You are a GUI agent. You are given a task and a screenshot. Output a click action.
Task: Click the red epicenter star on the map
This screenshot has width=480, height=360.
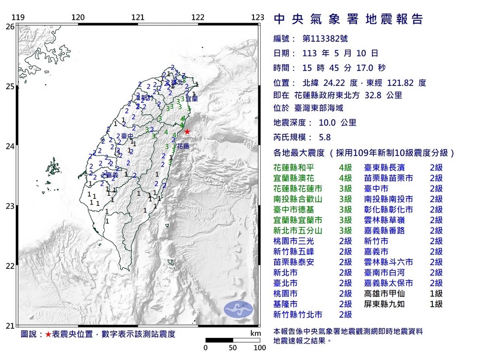[x=187, y=132]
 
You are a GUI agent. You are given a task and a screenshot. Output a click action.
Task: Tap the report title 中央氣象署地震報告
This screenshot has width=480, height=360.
[x=348, y=19]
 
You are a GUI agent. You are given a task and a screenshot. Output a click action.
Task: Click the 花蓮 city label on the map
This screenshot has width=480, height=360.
[x=183, y=145]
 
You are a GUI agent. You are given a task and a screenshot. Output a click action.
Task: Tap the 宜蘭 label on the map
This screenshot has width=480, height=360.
[x=192, y=98]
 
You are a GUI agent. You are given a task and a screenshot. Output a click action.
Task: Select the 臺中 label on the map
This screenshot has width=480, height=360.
[x=127, y=136]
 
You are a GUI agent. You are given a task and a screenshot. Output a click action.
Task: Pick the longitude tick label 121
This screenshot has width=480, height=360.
[x=138, y=18]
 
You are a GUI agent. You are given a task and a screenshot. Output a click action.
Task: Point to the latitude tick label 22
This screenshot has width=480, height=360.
[x=10, y=266]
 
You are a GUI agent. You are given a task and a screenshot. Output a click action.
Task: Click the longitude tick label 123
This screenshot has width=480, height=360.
[x=258, y=18]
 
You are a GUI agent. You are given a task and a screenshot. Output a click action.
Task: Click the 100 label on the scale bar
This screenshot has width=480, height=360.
[x=260, y=348]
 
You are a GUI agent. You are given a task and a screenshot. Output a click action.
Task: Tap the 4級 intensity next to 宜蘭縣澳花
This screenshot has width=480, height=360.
[x=346, y=178]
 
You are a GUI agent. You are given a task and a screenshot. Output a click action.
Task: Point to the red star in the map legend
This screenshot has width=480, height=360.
[x=48, y=334]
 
